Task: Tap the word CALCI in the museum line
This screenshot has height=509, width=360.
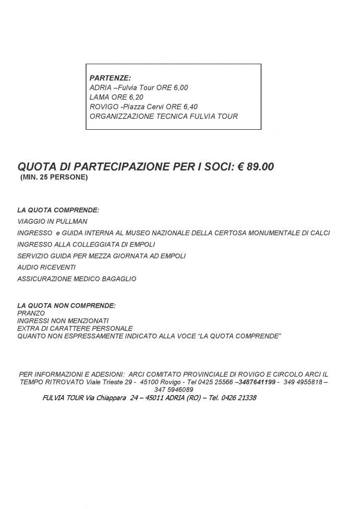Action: tap(319, 233)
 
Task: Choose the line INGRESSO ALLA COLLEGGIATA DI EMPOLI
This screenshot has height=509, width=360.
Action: tap(86, 244)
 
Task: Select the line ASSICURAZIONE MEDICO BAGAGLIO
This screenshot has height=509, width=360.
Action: tap(77, 279)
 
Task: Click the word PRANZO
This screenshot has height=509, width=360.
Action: tap(31, 313)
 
